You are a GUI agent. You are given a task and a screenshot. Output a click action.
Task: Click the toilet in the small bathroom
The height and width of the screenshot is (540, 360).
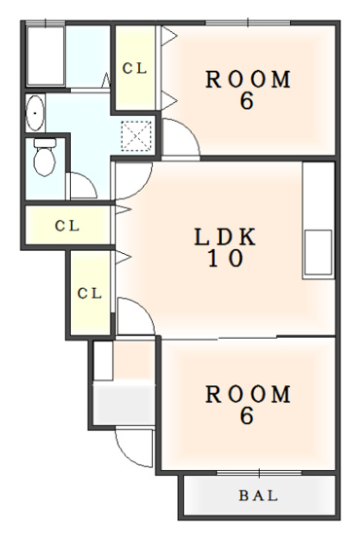point(45,157)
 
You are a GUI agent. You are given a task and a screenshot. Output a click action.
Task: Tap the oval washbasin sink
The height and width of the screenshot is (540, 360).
point(35,113)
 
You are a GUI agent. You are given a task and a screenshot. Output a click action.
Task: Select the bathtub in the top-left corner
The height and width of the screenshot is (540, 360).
point(46,55)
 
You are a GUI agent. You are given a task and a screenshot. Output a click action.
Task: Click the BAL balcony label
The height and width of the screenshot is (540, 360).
point(259,496)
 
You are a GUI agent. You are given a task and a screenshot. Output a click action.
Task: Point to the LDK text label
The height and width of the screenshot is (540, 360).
point(226,236)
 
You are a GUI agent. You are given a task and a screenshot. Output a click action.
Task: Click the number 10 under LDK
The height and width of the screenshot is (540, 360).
point(226,258)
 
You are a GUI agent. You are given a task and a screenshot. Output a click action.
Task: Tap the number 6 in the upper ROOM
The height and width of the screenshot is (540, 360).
point(247,101)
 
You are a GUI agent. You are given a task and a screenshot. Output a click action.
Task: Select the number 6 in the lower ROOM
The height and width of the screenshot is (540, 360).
point(247,415)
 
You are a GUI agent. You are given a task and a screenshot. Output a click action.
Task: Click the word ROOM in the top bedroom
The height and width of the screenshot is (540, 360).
point(248,79)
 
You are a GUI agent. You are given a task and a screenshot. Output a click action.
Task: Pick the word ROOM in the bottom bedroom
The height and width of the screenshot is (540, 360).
point(248,394)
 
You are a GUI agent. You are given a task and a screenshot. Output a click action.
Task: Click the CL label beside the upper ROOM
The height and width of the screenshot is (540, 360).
point(134,68)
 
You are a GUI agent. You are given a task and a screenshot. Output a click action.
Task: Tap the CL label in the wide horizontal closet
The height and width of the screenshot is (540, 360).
point(67,226)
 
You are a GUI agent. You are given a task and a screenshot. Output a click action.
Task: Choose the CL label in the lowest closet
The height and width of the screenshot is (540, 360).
point(90,294)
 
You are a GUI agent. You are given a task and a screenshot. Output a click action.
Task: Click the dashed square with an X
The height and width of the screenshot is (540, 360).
point(136,136)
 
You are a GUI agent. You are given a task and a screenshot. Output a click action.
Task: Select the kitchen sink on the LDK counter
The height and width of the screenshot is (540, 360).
point(318,253)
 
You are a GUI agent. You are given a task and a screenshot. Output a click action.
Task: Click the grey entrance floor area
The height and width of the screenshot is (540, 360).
point(124,405)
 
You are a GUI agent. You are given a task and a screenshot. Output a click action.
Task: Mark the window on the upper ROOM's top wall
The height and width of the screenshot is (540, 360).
point(248,22)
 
